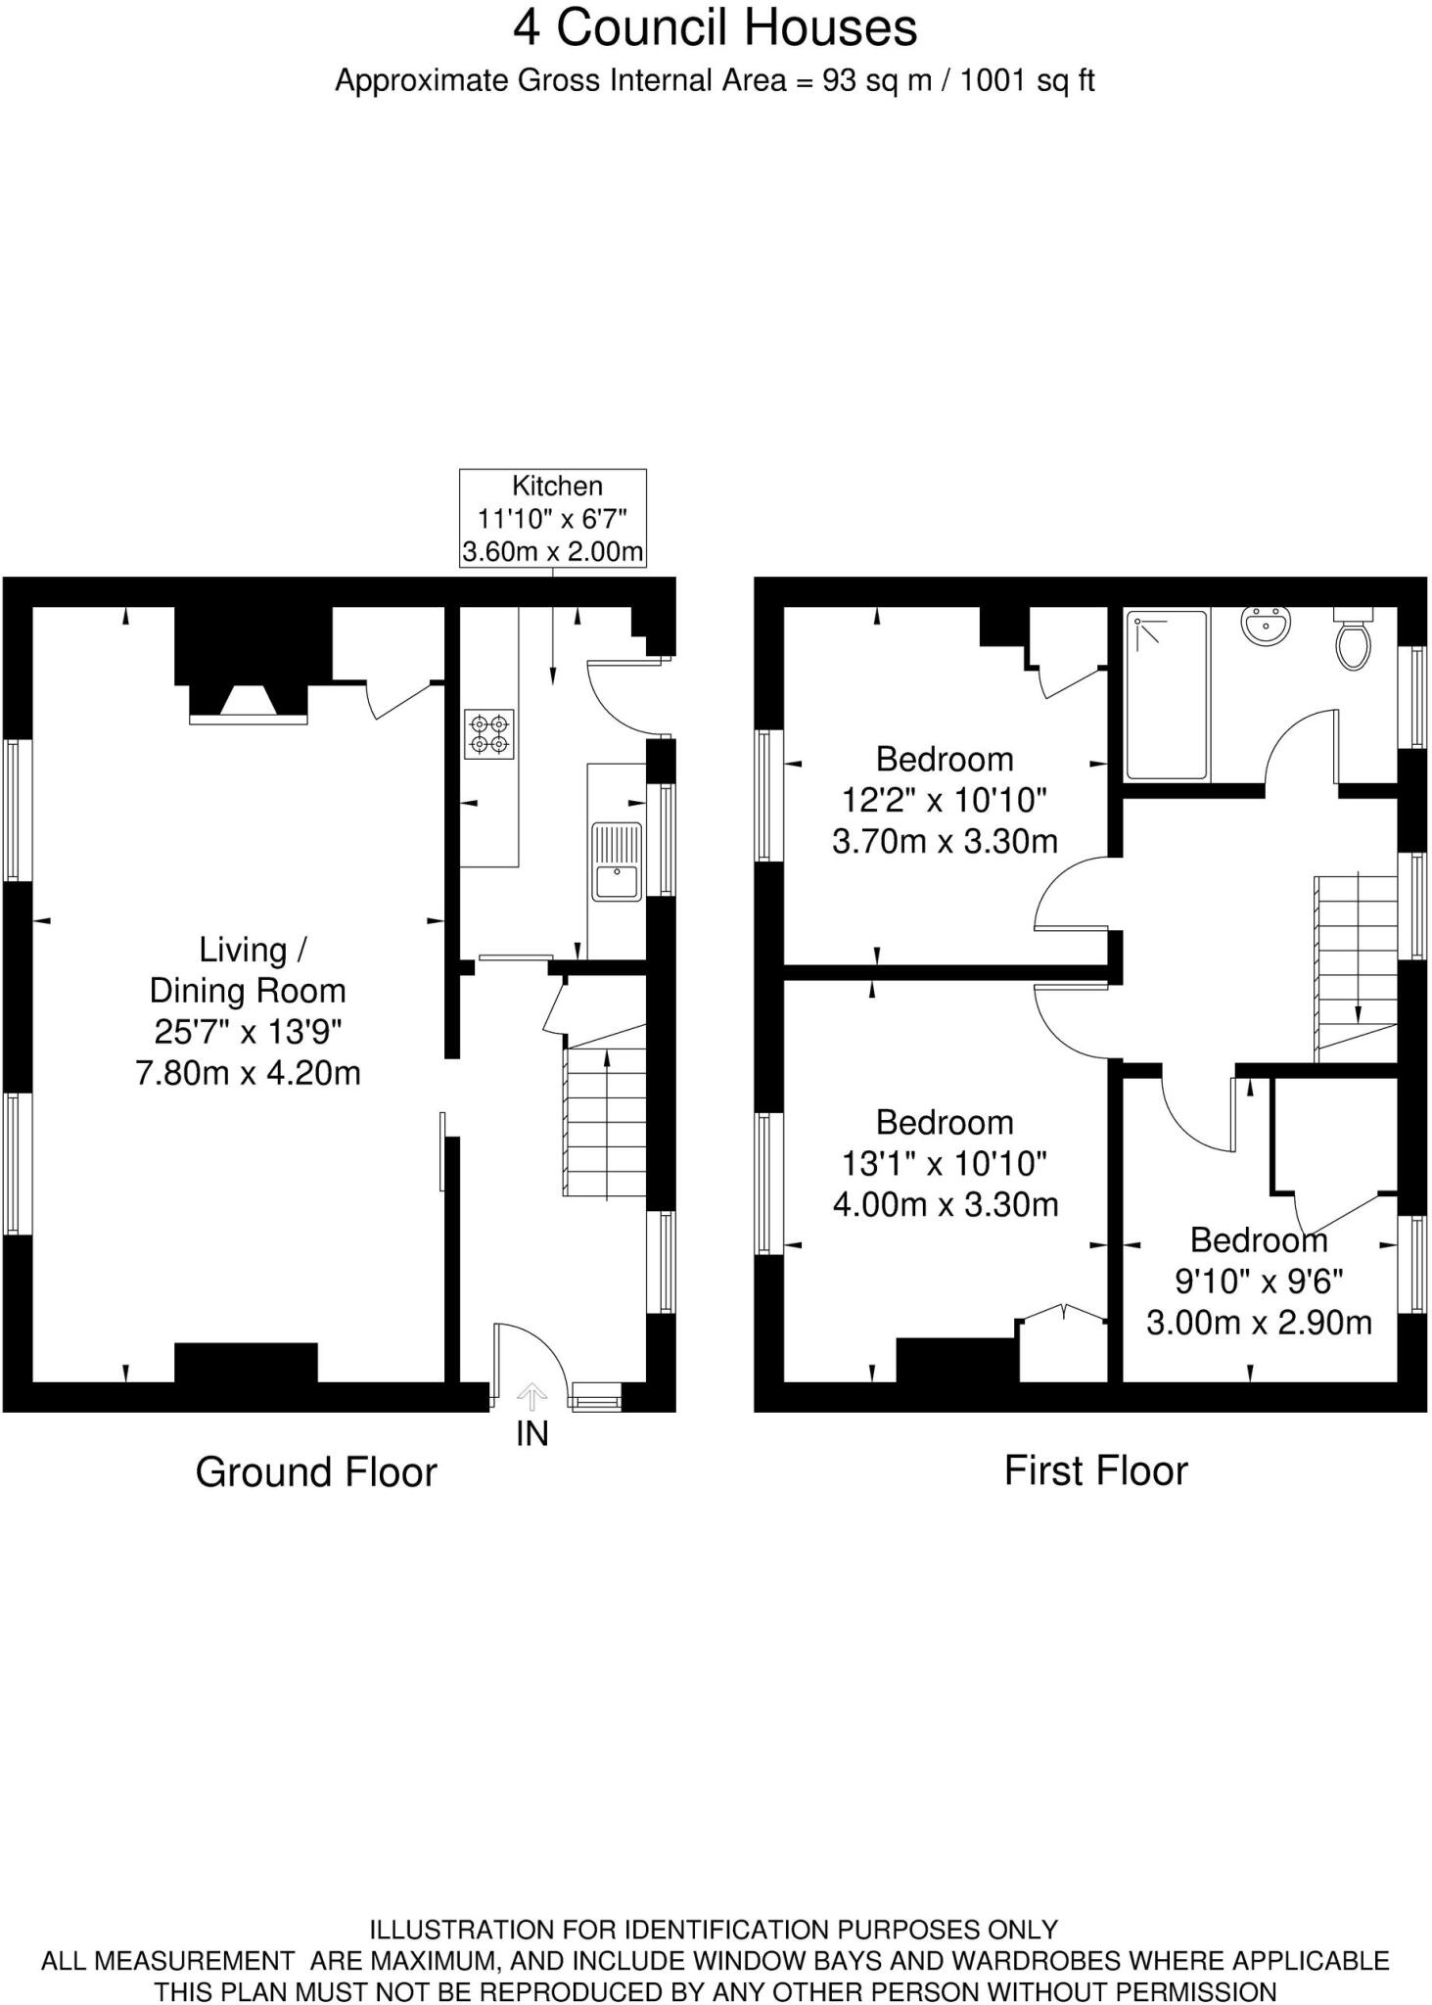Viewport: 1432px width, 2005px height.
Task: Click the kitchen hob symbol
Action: click(489, 734)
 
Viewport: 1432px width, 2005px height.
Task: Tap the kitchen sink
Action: click(617, 862)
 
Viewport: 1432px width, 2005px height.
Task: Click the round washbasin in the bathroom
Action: click(1267, 626)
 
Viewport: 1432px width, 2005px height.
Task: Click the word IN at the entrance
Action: click(532, 1434)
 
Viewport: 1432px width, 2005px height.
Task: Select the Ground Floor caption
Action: click(316, 1472)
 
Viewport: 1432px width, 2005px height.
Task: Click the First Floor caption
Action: click(1095, 1470)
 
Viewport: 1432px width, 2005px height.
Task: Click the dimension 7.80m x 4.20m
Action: click(248, 1073)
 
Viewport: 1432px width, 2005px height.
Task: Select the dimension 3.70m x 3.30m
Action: click(945, 841)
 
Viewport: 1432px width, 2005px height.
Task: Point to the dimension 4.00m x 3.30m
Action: click(946, 1204)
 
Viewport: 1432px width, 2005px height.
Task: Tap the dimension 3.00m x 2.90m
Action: click(1259, 1324)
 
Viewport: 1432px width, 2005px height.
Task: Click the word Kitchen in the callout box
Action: click(557, 486)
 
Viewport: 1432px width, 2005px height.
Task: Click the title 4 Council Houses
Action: click(716, 27)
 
